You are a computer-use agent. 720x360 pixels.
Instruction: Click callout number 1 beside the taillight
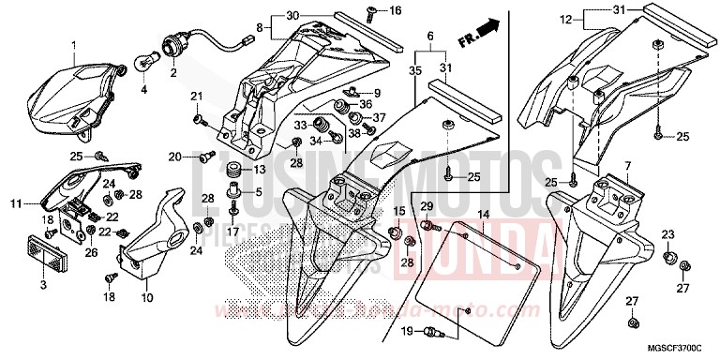(x=69, y=46)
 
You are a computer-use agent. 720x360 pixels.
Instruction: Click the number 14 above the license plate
(x=484, y=216)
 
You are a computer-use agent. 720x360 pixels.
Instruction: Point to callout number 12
(x=565, y=19)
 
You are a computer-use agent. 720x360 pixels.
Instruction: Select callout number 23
(x=667, y=233)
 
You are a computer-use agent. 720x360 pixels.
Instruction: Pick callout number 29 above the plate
(x=425, y=205)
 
